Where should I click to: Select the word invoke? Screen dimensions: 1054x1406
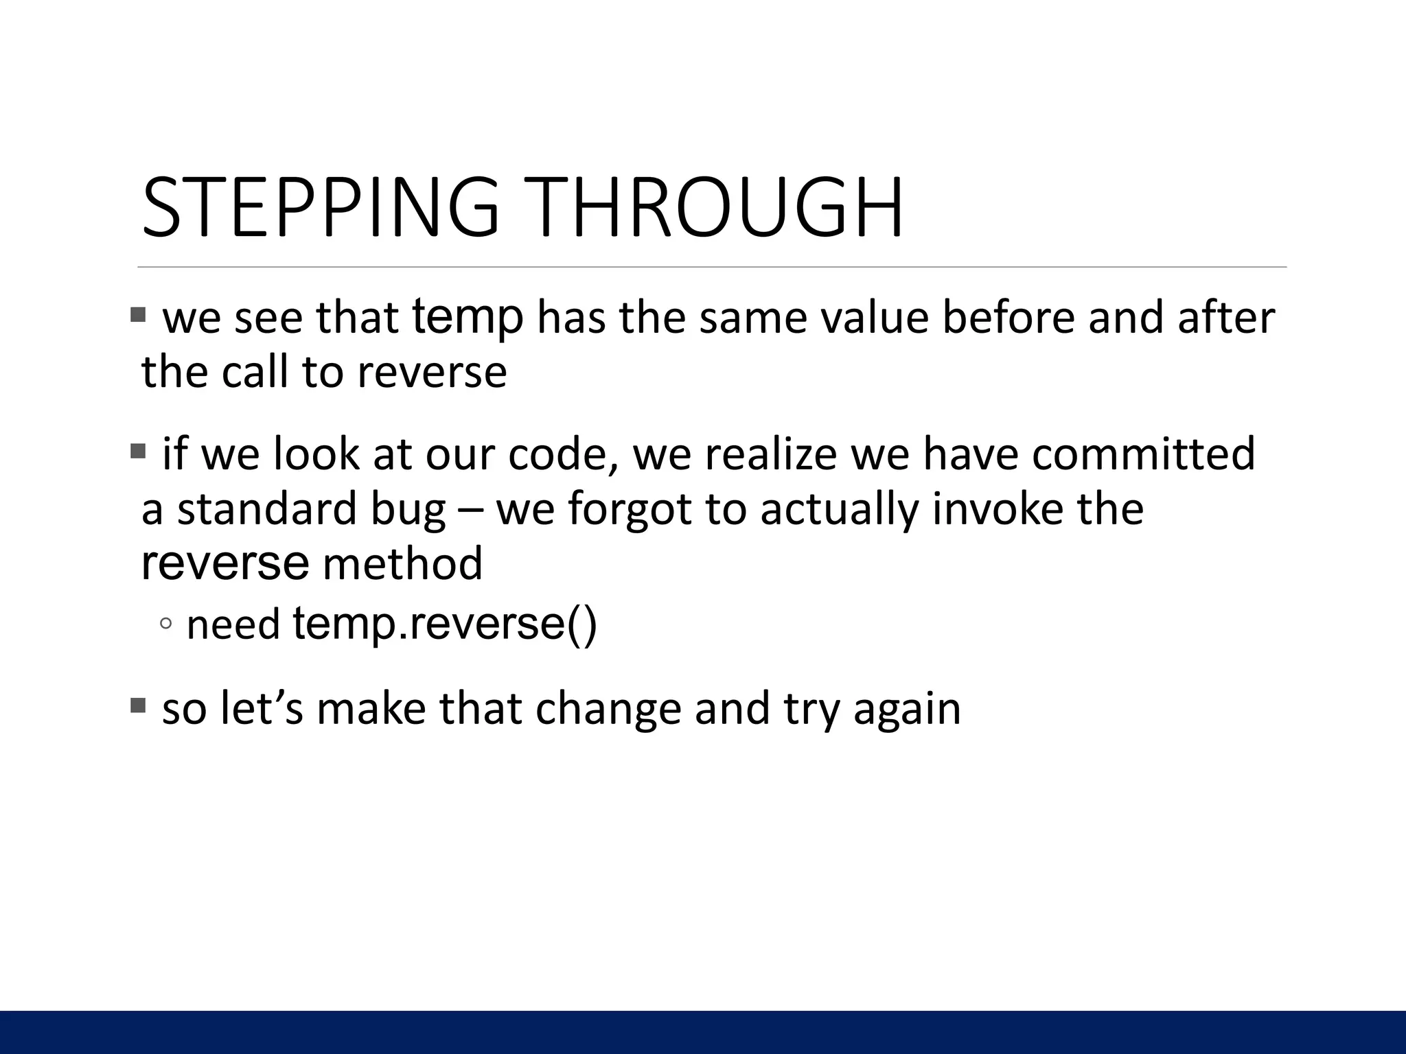coord(997,509)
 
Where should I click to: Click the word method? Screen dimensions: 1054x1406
coord(402,564)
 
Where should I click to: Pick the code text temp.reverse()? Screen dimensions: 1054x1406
coord(445,624)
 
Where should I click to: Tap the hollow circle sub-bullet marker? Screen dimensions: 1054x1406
coord(165,623)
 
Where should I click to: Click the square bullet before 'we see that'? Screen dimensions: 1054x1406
coord(138,315)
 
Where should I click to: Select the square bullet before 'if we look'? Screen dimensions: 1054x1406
coord(138,452)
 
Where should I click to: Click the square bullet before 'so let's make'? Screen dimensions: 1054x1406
coord(138,705)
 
